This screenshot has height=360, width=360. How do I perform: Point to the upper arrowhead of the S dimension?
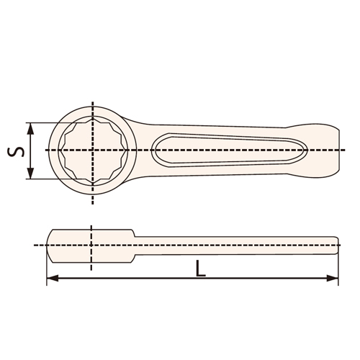pyautogui.click(x=30, y=126)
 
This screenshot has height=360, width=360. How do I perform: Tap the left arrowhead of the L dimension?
pyautogui.click(x=50, y=278)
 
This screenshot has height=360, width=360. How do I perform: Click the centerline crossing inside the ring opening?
pyautogui.click(x=92, y=150)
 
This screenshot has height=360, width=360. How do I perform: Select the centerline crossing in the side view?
pyautogui.click(x=92, y=246)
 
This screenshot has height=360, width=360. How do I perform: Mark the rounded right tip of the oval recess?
pyautogui.click(x=305, y=150)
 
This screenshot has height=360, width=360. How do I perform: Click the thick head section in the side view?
pyautogui.click(x=90, y=246)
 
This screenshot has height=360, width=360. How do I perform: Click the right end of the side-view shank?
pyautogui.click(x=336, y=246)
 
